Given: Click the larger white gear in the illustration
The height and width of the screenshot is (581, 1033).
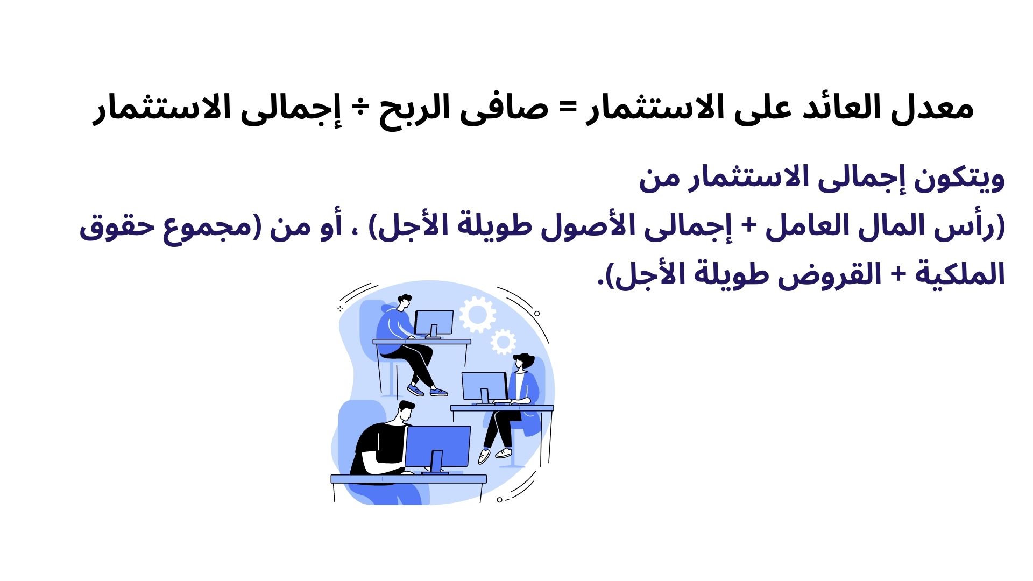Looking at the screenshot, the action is click(x=477, y=314).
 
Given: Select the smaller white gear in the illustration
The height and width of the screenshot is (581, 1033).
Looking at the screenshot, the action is click(x=503, y=342).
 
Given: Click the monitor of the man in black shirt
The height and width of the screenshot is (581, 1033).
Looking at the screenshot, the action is click(x=437, y=447).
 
